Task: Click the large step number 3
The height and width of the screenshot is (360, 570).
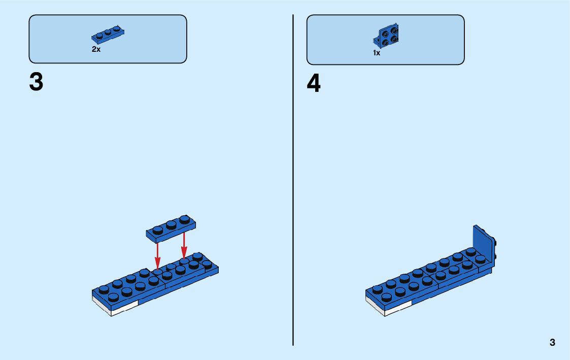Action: click(36, 82)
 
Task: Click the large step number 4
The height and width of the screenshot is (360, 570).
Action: click(314, 84)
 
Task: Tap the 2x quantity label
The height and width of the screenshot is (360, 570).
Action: click(96, 49)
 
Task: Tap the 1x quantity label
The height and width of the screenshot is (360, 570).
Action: click(376, 52)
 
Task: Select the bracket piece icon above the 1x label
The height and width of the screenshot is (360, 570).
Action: click(386, 37)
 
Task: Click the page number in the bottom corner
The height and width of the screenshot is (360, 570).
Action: click(552, 342)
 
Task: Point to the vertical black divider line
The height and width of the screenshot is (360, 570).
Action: click(293, 203)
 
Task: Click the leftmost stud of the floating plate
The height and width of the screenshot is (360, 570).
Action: click(157, 230)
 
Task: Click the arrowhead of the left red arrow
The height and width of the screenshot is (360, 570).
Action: click(158, 264)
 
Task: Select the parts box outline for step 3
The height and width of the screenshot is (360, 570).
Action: click(108, 15)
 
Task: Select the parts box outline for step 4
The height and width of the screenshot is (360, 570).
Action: click(385, 15)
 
